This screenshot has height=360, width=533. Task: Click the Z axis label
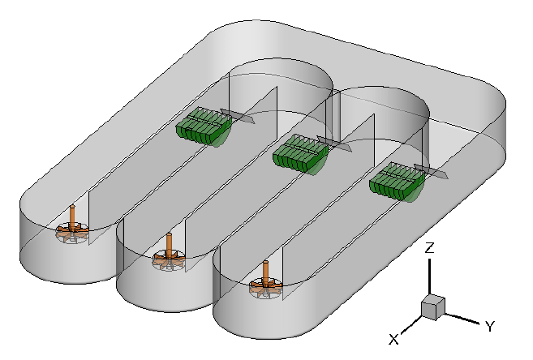431,248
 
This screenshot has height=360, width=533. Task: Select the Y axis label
490,326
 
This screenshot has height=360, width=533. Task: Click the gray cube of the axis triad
432,306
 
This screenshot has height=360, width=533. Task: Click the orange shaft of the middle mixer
169,242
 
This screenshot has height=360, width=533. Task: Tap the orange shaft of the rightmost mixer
266,270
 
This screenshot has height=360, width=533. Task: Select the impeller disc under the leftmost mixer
71,234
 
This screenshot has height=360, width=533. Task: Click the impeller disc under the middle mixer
169,260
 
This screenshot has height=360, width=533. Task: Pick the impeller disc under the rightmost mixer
266,286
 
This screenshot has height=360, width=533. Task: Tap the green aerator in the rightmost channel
396,182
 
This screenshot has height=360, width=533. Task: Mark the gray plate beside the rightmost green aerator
434,172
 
